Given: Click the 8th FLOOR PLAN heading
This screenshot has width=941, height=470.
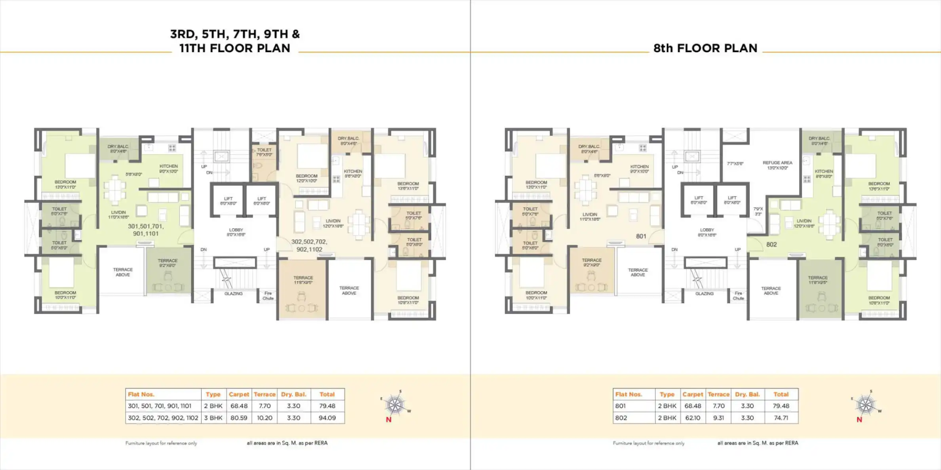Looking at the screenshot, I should point(705,48).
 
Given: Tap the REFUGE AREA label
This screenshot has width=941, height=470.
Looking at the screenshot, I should point(777,165).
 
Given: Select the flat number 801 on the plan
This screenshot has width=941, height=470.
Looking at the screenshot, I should point(641,236).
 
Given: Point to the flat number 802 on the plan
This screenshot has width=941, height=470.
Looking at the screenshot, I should point(771,244).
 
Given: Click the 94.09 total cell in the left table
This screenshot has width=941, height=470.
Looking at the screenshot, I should point(327,418).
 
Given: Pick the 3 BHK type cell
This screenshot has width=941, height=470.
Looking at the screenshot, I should point(213,418).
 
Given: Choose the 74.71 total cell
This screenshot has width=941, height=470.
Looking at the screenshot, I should point(781,418).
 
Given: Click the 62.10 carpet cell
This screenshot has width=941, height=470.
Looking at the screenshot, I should point(692,418).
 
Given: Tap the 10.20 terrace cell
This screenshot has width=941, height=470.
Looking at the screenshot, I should point(265,418).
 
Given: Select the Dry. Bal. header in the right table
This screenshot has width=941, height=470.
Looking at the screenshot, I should point(747,394).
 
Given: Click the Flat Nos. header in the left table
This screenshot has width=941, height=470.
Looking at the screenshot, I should point(141,394).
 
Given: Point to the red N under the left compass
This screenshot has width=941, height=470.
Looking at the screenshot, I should point(389,420).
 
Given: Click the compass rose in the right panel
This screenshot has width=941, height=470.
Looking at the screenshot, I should point(866,405).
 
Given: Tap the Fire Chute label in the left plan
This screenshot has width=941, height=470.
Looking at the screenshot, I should point(268,296).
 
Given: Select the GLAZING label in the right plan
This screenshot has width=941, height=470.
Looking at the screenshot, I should point(704,294).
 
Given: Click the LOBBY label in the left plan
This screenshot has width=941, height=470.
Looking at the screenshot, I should point(236,232).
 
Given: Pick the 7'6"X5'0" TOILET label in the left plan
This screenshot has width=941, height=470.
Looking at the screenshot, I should point(264,152).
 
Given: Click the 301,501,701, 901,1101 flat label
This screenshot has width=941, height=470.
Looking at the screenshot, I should point(145,230).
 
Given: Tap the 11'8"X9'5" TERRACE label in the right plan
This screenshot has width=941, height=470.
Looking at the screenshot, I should point(817,280).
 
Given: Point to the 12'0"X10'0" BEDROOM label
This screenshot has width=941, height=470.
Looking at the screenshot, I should point(307,178).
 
